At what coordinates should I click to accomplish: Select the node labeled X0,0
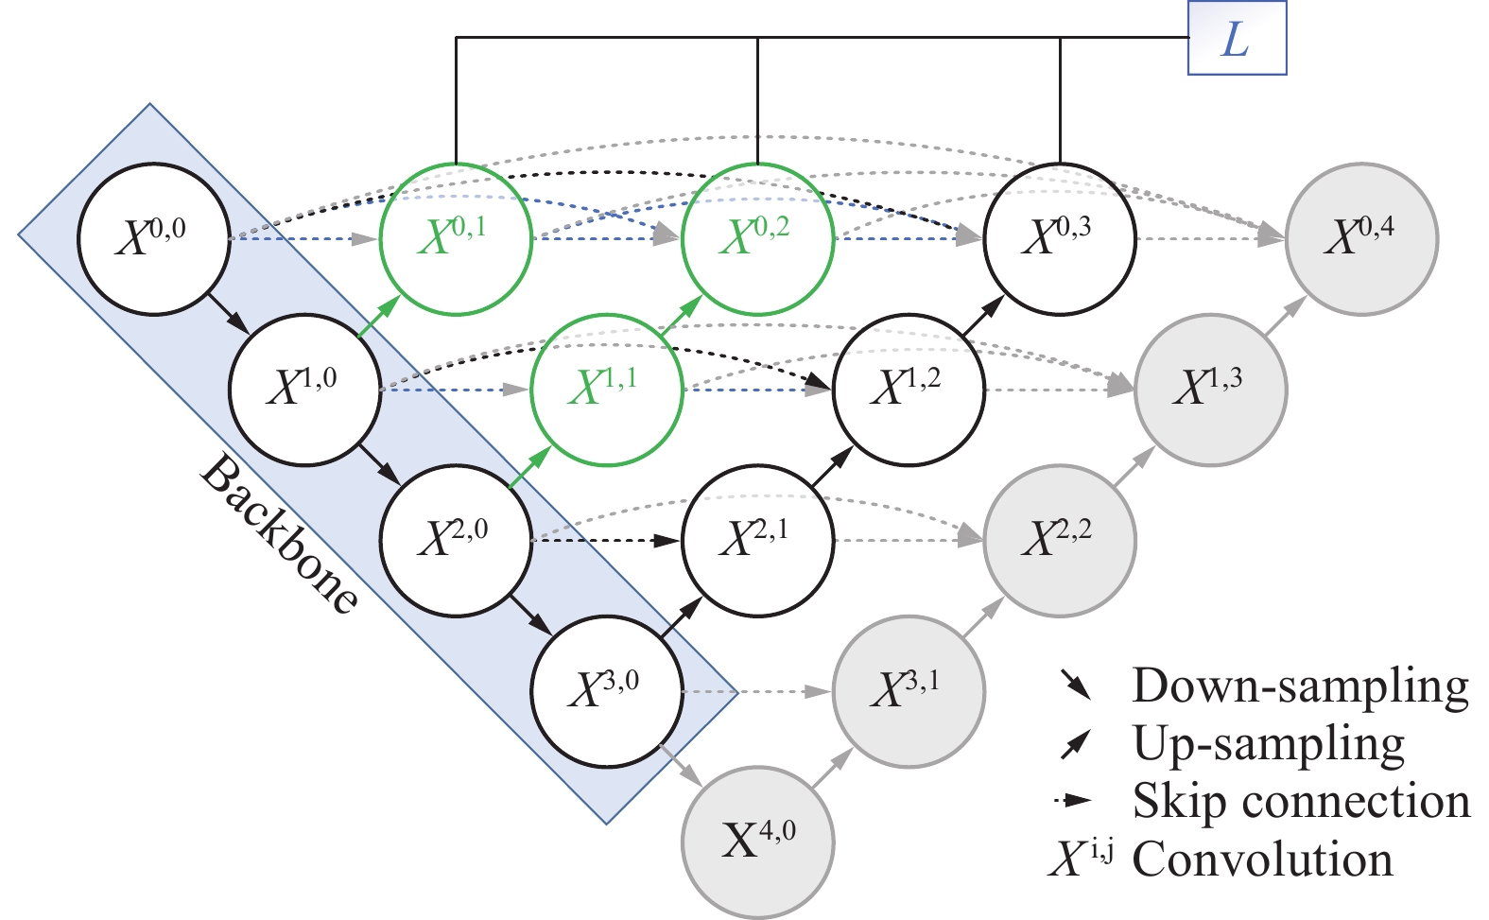click(x=153, y=238)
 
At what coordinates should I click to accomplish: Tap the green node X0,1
click(x=456, y=238)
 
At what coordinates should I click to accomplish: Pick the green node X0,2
click(x=757, y=238)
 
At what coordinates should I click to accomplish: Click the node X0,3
click(x=1060, y=238)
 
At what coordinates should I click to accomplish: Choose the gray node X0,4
click(x=1361, y=238)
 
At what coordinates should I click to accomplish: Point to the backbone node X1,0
click(x=304, y=389)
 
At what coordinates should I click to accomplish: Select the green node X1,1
click(x=606, y=389)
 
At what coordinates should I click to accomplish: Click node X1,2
click(x=909, y=389)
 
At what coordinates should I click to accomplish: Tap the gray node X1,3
click(x=1210, y=389)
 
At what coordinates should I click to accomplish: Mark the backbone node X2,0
click(x=456, y=540)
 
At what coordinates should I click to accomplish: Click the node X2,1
click(x=757, y=540)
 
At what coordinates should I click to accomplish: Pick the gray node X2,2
click(x=1060, y=540)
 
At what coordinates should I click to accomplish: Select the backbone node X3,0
click(x=606, y=691)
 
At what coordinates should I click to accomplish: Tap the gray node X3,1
click(x=909, y=691)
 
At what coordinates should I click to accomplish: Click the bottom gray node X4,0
click(x=757, y=842)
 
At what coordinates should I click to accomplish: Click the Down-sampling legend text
click(x=1301, y=686)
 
